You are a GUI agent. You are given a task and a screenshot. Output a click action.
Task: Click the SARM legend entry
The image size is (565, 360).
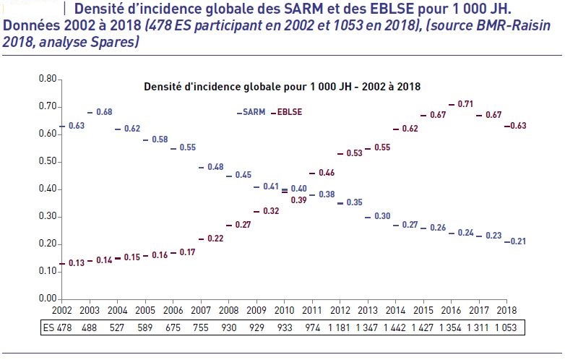(x=253, y=113)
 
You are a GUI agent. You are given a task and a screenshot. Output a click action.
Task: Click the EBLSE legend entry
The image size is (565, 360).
(x=289, y=113)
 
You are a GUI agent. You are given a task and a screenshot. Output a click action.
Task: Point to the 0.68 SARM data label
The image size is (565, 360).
(x=104, y=112)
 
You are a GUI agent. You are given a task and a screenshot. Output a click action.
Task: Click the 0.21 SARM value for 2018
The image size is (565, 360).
(x=518, y=241)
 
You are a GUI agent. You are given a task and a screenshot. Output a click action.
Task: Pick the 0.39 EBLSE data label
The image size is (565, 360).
(x=299, y=200)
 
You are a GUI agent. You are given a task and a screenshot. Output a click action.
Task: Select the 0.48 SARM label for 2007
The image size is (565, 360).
(x=215, y=167)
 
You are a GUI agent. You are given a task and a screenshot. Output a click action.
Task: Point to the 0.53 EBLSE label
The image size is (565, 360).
(x=355, y=153)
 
